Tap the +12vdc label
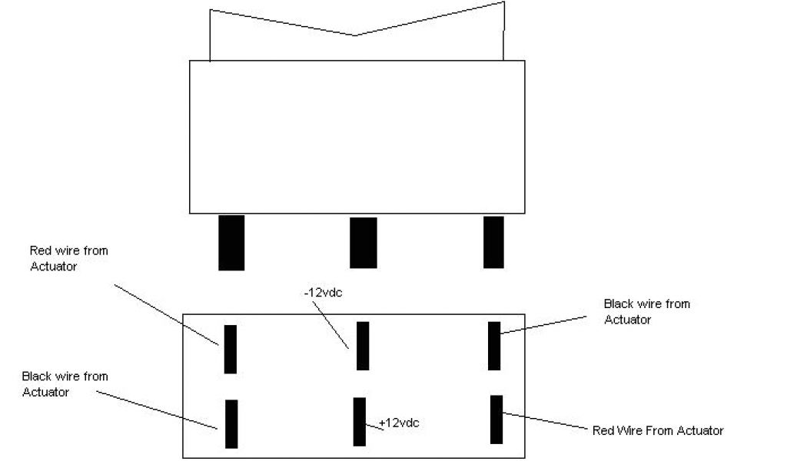coord(400,423)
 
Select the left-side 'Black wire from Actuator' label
coord(65,384)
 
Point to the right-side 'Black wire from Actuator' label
coord(646,311)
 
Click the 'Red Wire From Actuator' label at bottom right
coord(658,430)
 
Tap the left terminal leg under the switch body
coord(231,242)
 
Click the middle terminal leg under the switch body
coord(363,242)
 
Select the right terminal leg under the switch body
coord(493,241)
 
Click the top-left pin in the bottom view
coord(230,349)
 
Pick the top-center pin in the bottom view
coord(363,346)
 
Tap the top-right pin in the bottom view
coord(494,346)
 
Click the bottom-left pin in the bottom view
coord(231,423)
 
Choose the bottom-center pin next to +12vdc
coord(359,421)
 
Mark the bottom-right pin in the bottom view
coord(496,419)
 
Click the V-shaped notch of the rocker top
coord(354,35)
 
